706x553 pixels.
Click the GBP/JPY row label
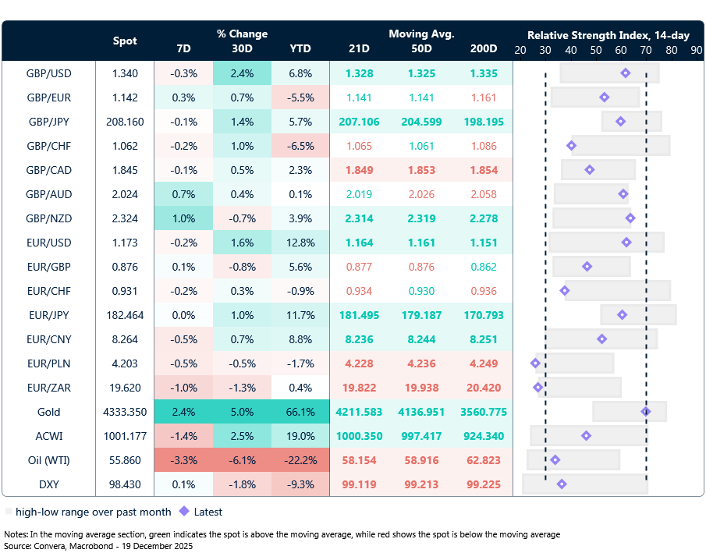[x=49, y=122]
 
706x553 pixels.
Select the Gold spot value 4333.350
[x=125, y=412]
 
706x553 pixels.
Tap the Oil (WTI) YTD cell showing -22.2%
[x=300, y=460]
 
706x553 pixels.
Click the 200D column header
[x=484, y=48]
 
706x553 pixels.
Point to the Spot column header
[x=125, y=41]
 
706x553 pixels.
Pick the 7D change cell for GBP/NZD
[x=183, y=218]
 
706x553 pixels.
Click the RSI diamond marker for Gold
[x=645, y=411]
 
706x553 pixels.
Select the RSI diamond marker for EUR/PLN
[x=535, y=363]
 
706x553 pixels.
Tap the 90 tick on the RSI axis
[x=696, y=49]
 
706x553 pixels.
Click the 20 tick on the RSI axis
[x=520, y=49]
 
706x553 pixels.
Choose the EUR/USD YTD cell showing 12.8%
[x=300, y=243]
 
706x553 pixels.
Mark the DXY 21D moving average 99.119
[x=360, y=484]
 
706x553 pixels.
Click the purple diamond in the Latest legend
[x=184, y=512]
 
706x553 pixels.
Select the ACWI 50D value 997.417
[x=422, y=436]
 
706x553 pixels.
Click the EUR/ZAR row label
[x=49, y=388]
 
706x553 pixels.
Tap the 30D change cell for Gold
[x=242, y=412]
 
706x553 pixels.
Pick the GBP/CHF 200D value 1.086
[x=484, y=146]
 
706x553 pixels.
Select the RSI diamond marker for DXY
[x=562, y=484]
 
